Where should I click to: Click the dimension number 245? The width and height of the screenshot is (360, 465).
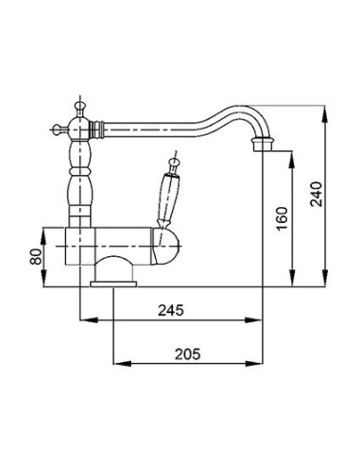click(x=171, y=308)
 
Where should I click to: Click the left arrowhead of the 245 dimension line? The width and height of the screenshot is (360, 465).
click(x=81, y=319)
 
